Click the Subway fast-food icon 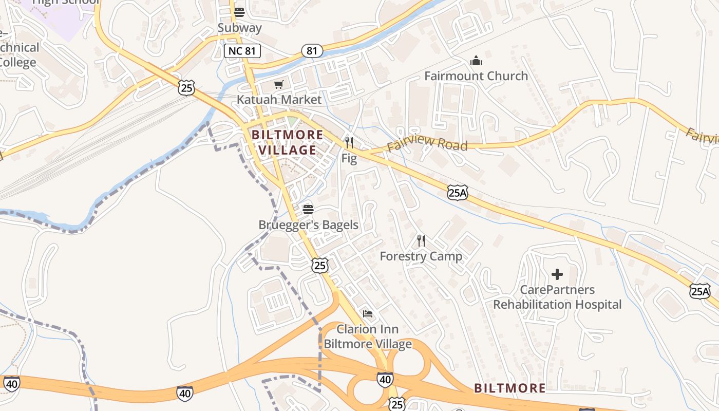pos(239,12)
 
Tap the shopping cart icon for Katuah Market pos(279,84)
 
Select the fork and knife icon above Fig pos(349,142)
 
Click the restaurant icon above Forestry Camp pos(421,240)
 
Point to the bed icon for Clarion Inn pos(368,313)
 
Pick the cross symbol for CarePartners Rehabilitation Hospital pos(557,274)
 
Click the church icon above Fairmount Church pos(476,61)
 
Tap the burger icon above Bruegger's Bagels pos(308,209)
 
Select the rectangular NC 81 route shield pos(242,50)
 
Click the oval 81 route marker pos(312,50)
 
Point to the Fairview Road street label pos(427,144)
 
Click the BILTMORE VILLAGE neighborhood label pos(288,142)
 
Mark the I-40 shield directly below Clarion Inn pos(385,380)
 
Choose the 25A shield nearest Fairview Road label pos(457,192)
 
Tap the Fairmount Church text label pos(476,76)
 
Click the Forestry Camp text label pos(421,256)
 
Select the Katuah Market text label pos(279,100)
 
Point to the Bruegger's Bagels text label pos(308,225)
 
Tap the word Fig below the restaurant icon pos(349,158)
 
